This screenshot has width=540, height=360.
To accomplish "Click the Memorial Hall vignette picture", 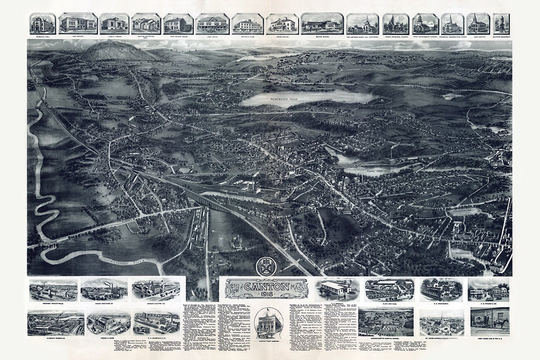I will click(42, 23).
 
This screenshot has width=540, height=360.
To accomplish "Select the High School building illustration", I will click(78, 23).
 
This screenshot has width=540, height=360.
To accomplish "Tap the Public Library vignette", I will click(114, 23).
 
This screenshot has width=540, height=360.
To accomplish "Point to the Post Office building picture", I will click(212, 23).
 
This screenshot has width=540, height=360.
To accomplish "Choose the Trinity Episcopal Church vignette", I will click(396, 23).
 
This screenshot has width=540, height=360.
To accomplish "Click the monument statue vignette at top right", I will click(501, 23).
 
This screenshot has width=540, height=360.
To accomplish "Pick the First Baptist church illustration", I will click(478, 23).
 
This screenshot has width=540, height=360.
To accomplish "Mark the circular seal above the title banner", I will click(266, 266).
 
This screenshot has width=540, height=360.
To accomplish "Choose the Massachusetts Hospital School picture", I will click(385, 321).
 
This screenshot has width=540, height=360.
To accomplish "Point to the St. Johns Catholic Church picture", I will click(441, 322).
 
